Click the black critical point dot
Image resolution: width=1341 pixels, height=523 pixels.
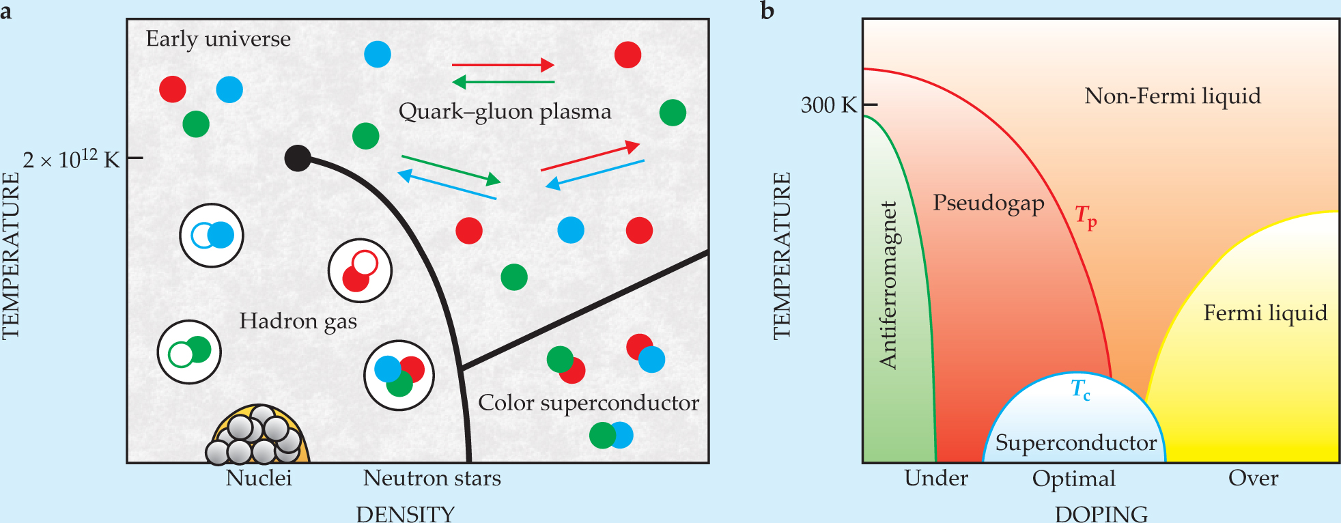(298, 158)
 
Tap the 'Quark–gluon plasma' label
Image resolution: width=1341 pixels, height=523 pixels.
(505, 111)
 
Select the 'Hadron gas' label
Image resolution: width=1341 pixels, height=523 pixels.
(298, 321)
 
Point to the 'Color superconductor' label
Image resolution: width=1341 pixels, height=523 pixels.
(589, 403)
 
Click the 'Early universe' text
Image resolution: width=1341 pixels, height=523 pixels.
(218, 39)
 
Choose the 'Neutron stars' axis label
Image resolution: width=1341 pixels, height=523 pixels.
(432, 478)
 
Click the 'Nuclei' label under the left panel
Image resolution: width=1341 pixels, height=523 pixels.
(259, 478)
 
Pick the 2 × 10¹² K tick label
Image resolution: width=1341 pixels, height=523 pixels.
(71, 160)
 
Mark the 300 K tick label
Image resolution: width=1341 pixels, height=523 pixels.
(828, 105)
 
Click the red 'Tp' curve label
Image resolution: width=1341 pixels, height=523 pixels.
(1086, 216)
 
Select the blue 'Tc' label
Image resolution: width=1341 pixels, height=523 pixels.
(1080, 390)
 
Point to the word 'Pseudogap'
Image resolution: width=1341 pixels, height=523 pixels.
(988, 203)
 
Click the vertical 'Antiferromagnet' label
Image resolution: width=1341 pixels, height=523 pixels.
(888, 285)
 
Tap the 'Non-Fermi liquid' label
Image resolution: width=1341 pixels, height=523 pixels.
(1172, 96)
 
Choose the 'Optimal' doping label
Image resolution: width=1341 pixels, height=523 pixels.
(1073, 479)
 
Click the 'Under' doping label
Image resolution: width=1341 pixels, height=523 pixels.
(935, 478)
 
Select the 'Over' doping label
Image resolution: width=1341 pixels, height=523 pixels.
(1253, 478)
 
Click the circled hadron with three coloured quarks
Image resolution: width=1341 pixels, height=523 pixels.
(399, 375)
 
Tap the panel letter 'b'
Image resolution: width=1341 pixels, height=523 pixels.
(767, 12)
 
